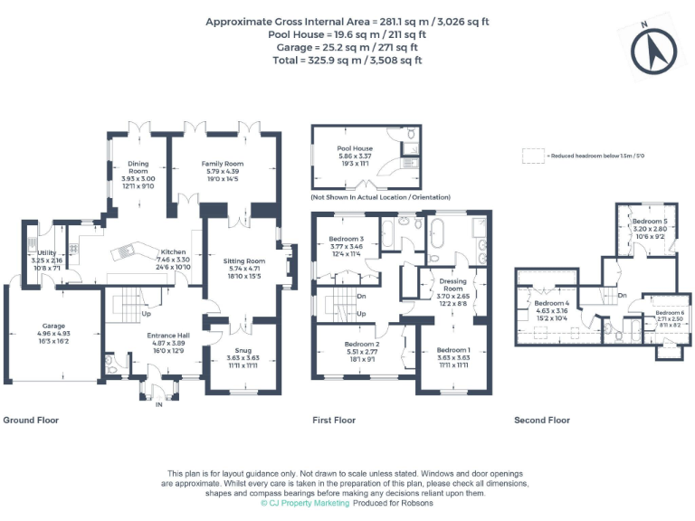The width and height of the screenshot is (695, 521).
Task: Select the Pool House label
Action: coord(355,148)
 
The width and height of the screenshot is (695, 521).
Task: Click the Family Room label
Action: coord(222,164)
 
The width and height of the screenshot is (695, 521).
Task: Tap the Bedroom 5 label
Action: coord(649,222)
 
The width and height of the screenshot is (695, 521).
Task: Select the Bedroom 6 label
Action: coord(670,313)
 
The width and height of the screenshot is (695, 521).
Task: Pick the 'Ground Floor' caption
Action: coord(30,421)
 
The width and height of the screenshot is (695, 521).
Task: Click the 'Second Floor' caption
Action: coord(542,421)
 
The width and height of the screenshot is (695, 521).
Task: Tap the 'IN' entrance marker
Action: coord(158,404)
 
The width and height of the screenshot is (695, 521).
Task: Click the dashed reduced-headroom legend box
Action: coord(533,156)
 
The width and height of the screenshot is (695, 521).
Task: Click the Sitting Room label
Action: coord(244,260)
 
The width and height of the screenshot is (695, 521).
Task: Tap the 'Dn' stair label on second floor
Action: coord(622,296)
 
